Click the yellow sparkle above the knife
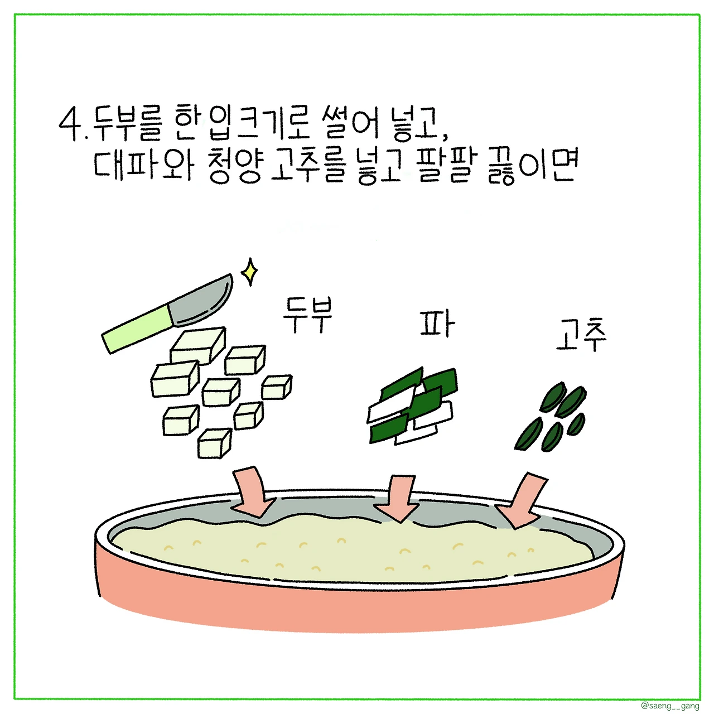tap(249, 272)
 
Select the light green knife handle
tap(138, 329)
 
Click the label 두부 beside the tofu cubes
tap(307, 315)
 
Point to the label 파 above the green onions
tap(437, 324)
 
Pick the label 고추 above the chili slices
tap(581, 335)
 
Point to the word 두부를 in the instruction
tap(126, 124)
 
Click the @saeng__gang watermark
tap(670, 706)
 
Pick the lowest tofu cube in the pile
tap(214, 443)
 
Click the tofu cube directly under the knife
tap(197, 345)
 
